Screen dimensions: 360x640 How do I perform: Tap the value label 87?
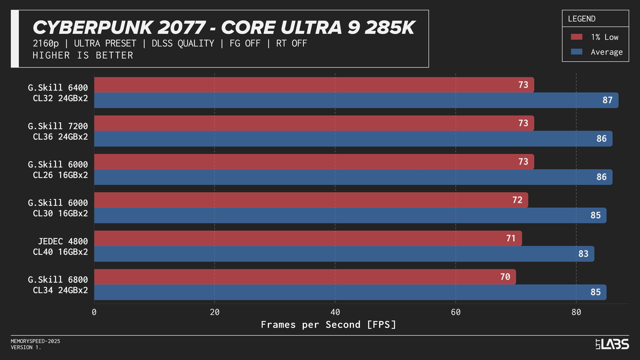607,100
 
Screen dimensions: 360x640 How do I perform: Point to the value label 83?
583,254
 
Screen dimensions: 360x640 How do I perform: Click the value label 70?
505,277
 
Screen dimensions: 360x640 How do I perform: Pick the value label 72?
517,200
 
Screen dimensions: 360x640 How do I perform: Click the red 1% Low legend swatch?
576,37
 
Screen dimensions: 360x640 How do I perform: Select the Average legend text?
606,52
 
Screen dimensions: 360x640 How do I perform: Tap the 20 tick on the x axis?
214,312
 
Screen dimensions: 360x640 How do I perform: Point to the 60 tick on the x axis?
456,312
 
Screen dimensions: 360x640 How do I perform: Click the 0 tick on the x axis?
94,312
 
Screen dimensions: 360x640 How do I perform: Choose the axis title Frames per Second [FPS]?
328,324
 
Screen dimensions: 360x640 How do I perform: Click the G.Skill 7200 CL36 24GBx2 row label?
58,131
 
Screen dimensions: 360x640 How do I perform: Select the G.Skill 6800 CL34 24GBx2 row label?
58,285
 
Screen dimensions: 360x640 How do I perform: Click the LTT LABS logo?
612,344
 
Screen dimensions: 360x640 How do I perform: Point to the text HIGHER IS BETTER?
83,55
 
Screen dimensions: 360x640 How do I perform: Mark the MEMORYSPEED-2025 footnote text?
35,341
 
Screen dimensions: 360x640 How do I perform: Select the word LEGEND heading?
581,19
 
